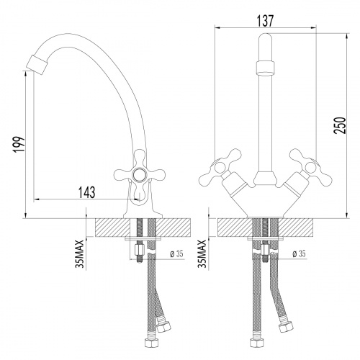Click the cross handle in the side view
tap(136, 175)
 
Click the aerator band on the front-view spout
tap(264, 69)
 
